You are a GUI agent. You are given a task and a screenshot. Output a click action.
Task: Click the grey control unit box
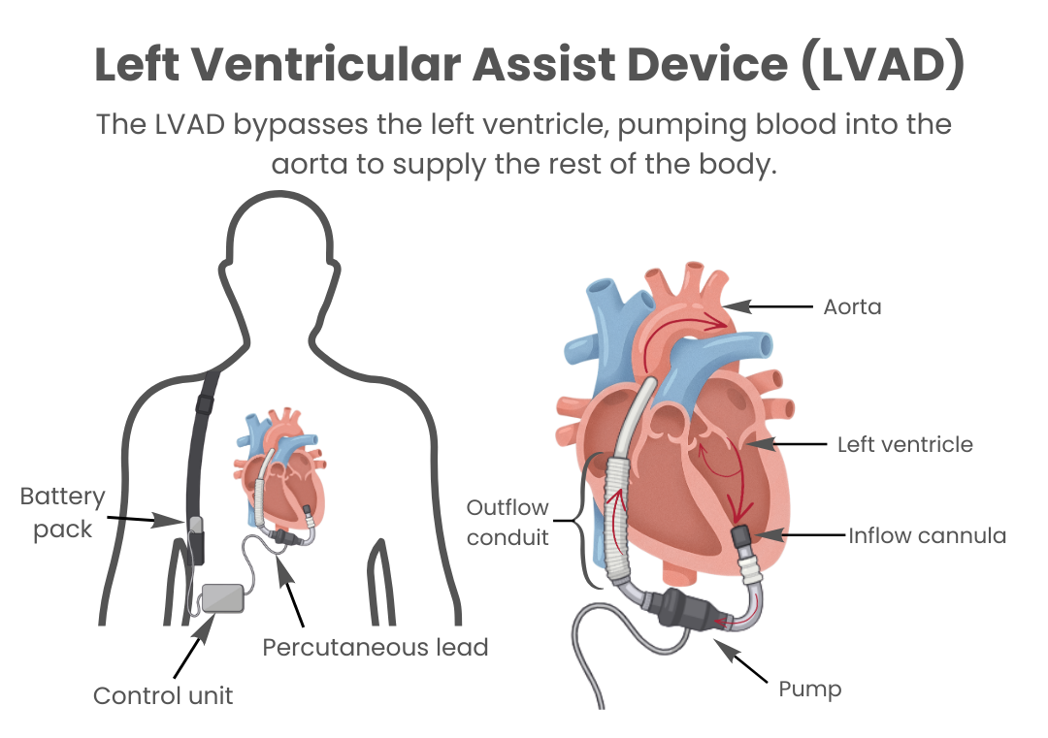tap(222, 598)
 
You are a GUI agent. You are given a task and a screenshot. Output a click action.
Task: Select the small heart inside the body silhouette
tap(279, 472)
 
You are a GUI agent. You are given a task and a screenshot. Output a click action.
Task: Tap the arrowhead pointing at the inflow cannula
tap(768, 534)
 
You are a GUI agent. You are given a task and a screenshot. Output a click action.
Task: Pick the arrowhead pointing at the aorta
tap(739, 306)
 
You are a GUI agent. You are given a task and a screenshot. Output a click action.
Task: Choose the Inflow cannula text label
tap(926, 535)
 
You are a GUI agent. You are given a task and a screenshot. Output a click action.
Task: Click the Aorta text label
tap(851, 308)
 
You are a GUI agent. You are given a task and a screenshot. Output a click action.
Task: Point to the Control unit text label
tap(163, 695)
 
